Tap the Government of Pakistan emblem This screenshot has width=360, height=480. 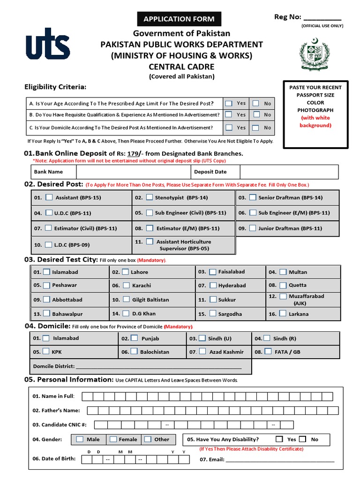click(315, 55)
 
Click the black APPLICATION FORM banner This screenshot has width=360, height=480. click(179, 19)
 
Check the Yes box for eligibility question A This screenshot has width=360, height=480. click(228, 103)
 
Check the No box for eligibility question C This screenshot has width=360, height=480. click(255, 127)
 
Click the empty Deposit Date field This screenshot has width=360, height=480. click(289, 172)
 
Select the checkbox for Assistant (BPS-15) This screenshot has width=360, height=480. click(49, 197)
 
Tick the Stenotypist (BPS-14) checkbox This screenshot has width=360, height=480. click(150, 197)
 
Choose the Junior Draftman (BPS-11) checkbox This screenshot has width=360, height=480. click(253, 228)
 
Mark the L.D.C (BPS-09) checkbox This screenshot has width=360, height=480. click(49, 244)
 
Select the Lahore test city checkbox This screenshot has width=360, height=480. click(126, 272)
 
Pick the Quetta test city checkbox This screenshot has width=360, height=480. click(283, 285)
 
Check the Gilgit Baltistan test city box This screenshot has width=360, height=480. click(126, 299)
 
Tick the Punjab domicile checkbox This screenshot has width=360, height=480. click(135, 338)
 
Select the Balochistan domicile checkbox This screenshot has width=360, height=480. click(134, 351)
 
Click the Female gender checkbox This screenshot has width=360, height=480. click(113, 439)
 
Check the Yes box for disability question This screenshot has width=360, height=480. click(279, 439)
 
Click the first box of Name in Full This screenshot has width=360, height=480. click(88, 396)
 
